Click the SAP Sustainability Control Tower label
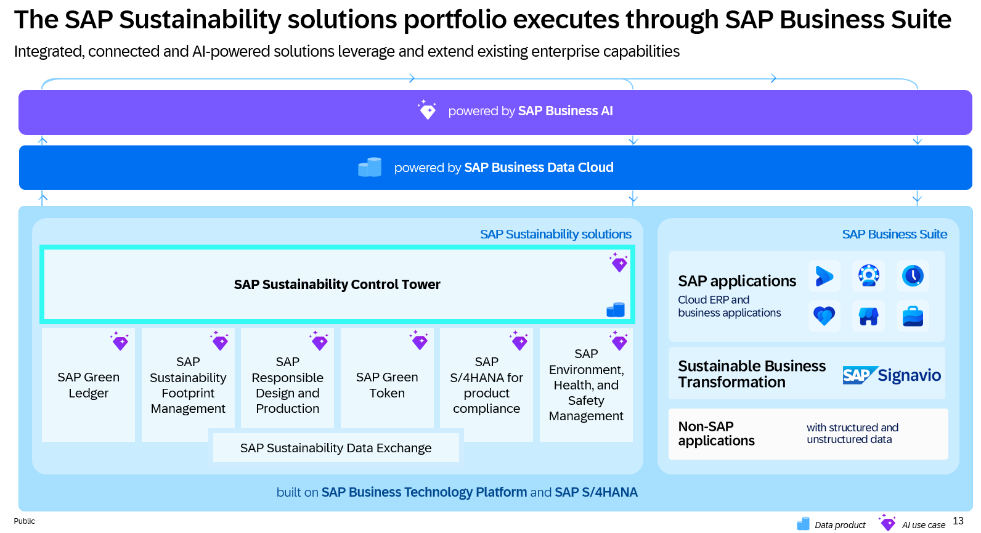(337, 284)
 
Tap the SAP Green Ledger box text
(88, 385)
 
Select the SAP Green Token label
(387, 385)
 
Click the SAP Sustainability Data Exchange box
(336, 448)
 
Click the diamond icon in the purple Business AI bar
(426, 110)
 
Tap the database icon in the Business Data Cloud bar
(370, 167)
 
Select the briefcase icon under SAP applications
(913, 315)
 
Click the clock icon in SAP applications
(913, 275)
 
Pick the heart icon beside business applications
(824, 315)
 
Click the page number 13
(958, 521)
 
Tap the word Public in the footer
(25, 521)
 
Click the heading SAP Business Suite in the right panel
(894, 234)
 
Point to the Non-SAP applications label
(716, 433)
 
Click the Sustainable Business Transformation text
(751, 374)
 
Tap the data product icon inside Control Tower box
(616, 309)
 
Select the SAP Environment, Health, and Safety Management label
(586, 384)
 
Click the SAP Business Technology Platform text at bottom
(424, 492)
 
